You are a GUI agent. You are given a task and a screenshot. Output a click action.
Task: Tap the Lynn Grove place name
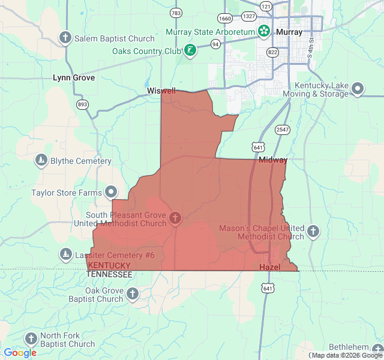pos(74,77)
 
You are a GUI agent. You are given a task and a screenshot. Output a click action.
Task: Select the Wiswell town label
pos(161,91)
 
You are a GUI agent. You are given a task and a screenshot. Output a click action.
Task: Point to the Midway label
pos(273,160)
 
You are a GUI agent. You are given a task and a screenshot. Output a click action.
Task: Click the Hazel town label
pos(269,266)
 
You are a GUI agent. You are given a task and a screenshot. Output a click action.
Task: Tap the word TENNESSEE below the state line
pos(109,274)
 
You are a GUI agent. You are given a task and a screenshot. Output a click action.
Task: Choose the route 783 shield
pos(176,13)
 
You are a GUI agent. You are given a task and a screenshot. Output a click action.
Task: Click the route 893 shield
pos(83,104)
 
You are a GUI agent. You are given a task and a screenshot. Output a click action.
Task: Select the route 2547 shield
pos(283,130)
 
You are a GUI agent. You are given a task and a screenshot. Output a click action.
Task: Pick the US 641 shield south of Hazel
pos(268,289)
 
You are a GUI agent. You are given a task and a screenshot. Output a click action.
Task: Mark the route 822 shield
pos(273,52)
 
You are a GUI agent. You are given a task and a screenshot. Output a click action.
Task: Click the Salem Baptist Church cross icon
pos(65,38)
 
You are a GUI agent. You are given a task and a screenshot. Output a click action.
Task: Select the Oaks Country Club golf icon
pos(190,50)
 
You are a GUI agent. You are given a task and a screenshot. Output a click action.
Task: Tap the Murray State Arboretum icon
pos(263,31)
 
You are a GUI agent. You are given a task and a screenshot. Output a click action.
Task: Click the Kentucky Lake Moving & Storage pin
pos(358,89)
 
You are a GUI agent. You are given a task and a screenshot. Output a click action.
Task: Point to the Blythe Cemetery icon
pos(41,161)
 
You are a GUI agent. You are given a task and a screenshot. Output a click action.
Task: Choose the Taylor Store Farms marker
pos(112,192)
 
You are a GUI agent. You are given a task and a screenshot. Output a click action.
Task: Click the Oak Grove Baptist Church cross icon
pos(133,294)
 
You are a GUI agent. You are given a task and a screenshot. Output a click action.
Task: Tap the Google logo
pos(20,353)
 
